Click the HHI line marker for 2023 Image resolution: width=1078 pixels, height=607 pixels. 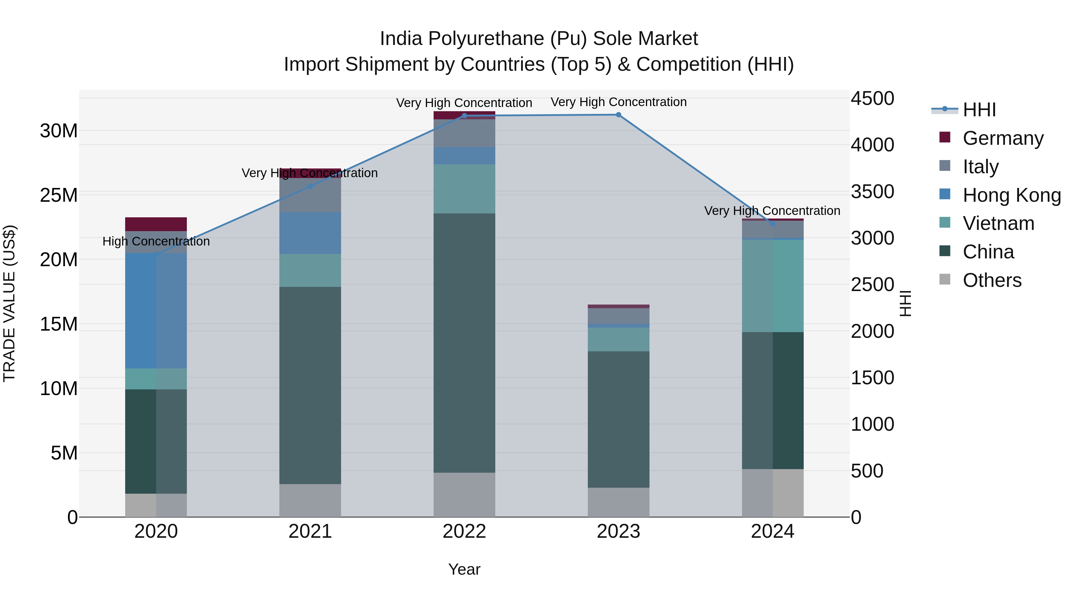tap(618, 115)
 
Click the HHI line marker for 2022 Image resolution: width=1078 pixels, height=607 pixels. tap(464, 116)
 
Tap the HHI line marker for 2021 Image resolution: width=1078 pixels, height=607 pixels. tap(310, 186)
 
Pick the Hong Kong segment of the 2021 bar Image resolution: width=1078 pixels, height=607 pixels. tap(310, 233)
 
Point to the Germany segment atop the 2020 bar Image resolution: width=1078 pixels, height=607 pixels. tap(156, 224)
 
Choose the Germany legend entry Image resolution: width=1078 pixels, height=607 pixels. tap(1003, 138)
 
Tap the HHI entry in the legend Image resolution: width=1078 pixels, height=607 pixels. tap(979, 110)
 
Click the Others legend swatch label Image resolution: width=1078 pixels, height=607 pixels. tap(992, 280)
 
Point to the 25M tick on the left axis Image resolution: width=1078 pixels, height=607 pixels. tap(59, 195)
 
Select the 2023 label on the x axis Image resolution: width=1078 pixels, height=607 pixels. tap(618, 531)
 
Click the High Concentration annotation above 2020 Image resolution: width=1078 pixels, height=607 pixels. tap(156, 241)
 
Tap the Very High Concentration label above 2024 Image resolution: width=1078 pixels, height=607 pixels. tap(772, 211)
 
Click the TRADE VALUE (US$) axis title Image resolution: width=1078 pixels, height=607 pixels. tap(9, 303)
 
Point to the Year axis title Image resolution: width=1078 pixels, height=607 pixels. tap(464, 569)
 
